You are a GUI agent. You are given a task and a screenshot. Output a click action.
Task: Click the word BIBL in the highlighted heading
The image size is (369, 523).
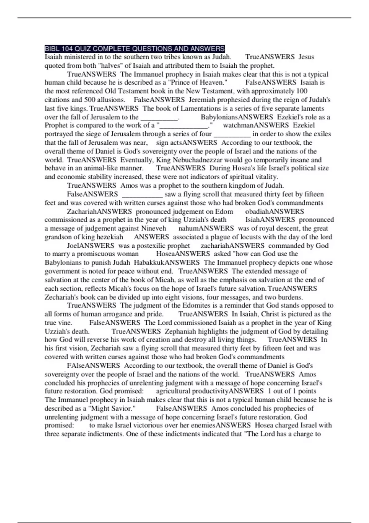click(x=51, y=49)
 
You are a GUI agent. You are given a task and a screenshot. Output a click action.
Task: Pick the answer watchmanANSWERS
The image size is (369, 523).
click(x=256, y=125)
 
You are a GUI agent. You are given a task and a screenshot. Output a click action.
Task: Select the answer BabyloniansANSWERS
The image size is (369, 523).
click(x=237, y=117)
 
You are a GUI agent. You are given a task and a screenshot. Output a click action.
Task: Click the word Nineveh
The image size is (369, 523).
click(x=153, y=228)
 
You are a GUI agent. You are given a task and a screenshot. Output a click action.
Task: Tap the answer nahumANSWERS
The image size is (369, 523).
click(x=206, y=228)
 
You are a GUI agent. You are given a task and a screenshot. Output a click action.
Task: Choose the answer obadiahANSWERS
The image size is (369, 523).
click(x=274, y=211)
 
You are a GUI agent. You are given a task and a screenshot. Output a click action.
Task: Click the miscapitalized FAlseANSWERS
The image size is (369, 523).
click(x=93, y=365)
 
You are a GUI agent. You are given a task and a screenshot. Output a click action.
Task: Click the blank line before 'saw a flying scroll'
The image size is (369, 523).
click(x=142, y=194)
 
